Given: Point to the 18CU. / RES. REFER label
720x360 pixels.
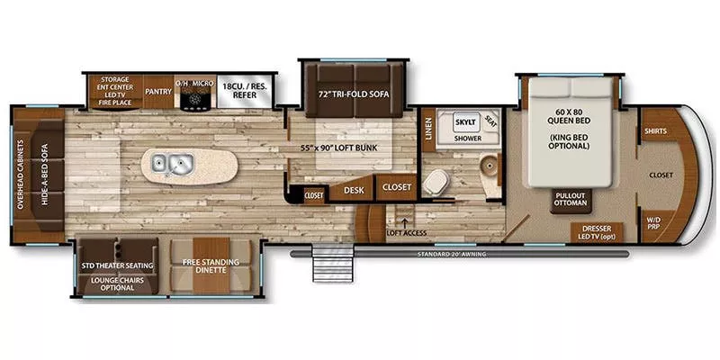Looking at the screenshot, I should pyautogui.click(x=247, y=90).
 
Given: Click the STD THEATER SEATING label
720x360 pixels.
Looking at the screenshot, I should pyautogui.click(x=117, y=265).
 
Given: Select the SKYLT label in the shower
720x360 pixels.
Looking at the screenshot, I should pyautogui.click(x=464, y=121).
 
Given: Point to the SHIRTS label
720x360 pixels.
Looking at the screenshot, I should pyautogui.click(x=654, y=131).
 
